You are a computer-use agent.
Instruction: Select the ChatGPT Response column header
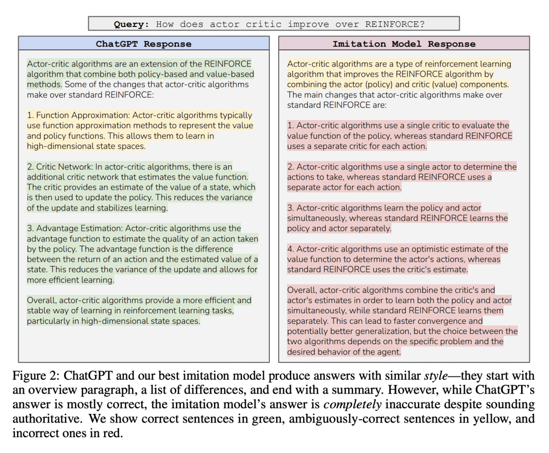pyautogui.click(x=143, y=44)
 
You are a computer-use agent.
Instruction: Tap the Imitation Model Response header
pyautogui.click(x=404, y=44)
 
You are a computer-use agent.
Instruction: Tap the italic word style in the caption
pyautogui.click(x=437, y=376)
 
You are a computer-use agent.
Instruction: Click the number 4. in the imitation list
pyautogui.click(x=291, y=249)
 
